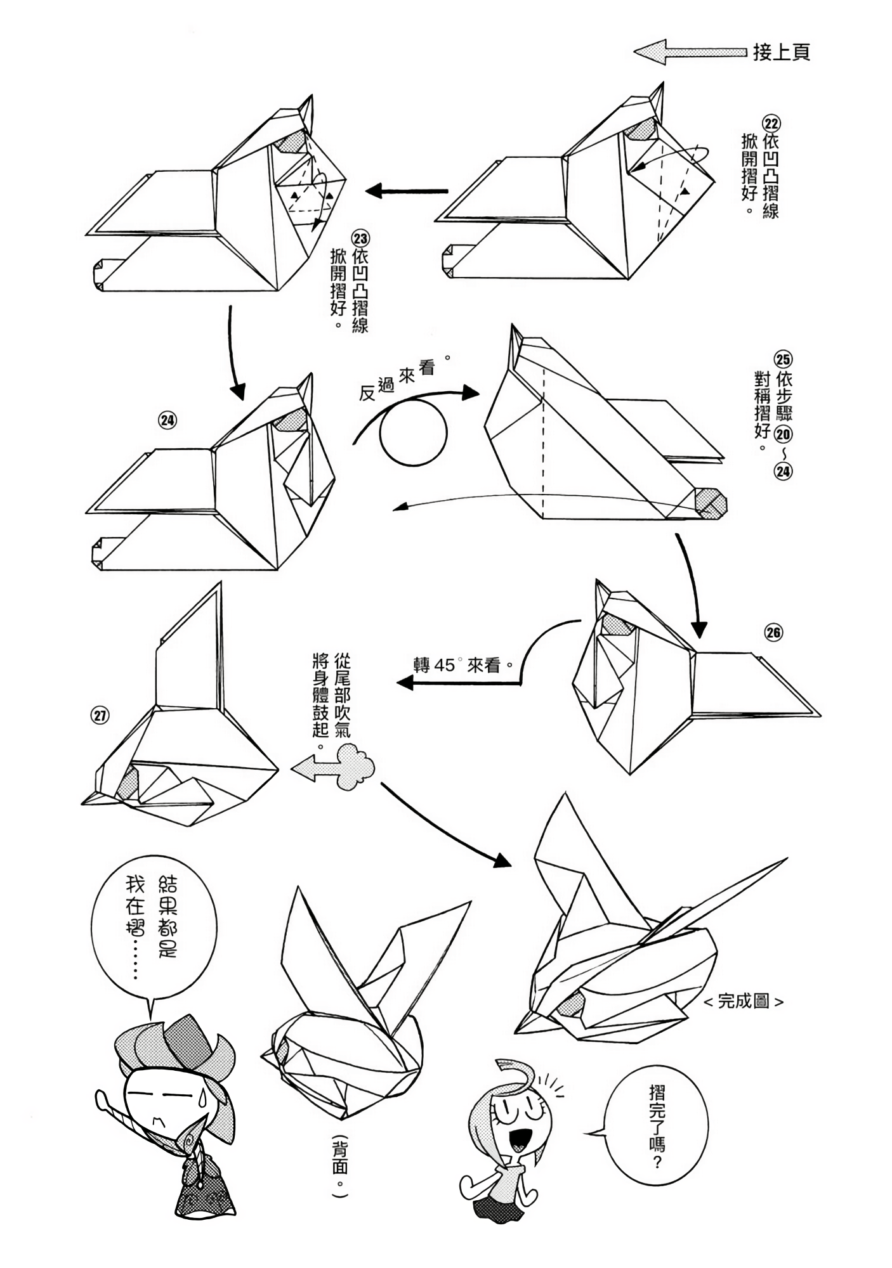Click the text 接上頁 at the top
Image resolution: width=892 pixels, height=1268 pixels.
point(781,52)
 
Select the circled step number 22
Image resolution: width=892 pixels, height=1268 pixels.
point(771,123)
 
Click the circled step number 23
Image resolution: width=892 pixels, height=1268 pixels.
point(361,239)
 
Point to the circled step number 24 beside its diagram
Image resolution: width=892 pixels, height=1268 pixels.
point(167,420)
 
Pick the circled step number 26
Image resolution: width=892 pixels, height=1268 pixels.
point(773,632)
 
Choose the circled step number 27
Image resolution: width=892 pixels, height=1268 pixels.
point(100,716)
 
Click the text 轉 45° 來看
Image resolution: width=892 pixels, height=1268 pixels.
point(463,665)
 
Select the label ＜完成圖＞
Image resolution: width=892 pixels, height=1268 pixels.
point(743,1001)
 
